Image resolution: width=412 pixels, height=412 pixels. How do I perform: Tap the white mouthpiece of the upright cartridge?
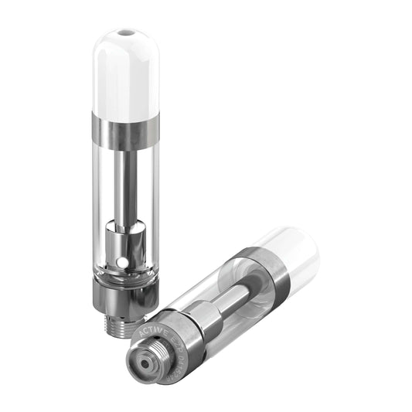click(125, 73)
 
